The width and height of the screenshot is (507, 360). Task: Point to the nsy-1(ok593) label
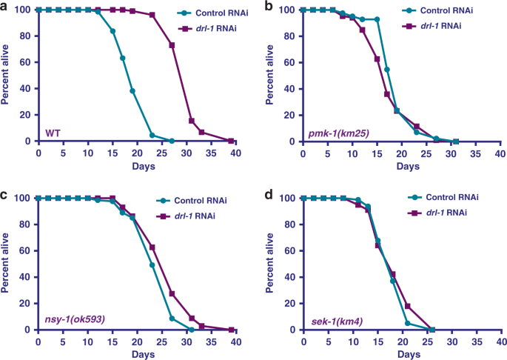click(73, 321)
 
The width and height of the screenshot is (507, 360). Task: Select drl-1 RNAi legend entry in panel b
click(460, 27)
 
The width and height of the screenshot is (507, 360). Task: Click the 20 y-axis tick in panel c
click(27, 304)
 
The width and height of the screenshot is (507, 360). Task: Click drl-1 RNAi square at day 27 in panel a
click(172, 45)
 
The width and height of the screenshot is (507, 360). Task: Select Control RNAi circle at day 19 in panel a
click(132, 91)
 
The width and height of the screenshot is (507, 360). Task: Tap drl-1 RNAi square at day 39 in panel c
click(231, 330)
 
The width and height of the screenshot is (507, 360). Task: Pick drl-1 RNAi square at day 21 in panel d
click(407, 306)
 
